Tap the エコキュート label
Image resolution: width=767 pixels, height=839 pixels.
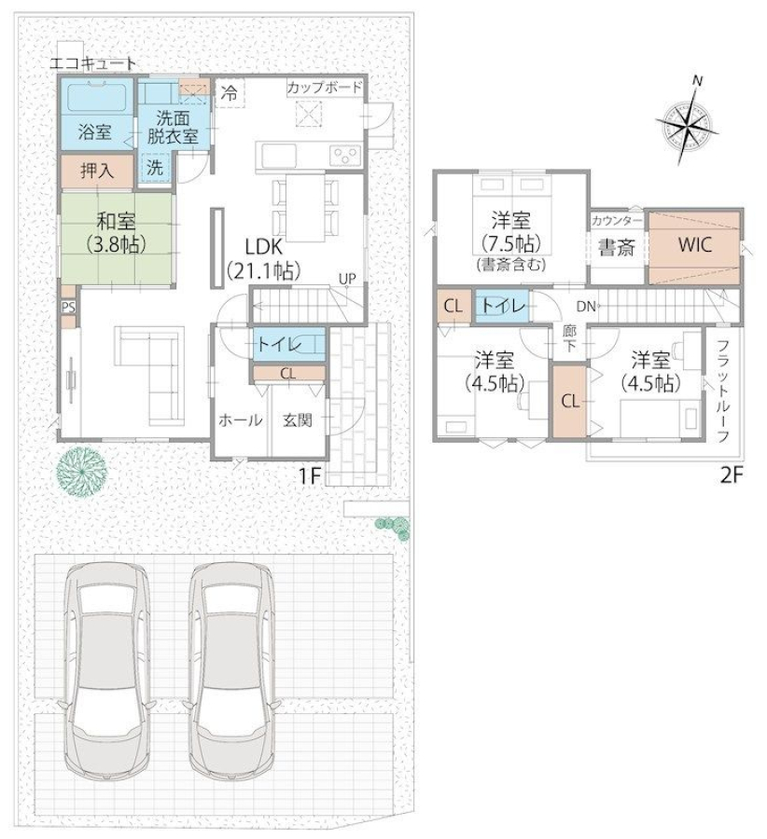click(92, 63)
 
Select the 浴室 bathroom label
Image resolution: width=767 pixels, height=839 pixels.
click(95, 131)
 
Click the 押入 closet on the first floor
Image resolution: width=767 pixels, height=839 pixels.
click(96, 172)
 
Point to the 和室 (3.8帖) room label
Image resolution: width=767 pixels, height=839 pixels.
click(117, 232)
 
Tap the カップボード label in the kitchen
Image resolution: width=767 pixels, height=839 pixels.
click(325, 88)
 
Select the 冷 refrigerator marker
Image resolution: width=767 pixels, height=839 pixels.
click(230, 94)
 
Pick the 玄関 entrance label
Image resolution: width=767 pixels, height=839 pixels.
click(298, 420)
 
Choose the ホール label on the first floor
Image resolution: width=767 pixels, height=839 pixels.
click(241, 420)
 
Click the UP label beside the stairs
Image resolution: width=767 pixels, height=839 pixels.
click(346, 279)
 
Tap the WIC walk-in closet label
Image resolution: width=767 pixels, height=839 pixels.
click(695, 244)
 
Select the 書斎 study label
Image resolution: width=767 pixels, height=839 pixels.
click(617, 247)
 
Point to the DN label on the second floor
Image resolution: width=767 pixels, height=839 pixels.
click(586, 307)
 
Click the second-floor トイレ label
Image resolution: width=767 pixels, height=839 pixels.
click(502, 306)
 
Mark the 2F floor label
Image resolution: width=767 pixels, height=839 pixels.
click(732, 475)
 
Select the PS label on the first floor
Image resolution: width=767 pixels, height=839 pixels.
click(68, 307)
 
